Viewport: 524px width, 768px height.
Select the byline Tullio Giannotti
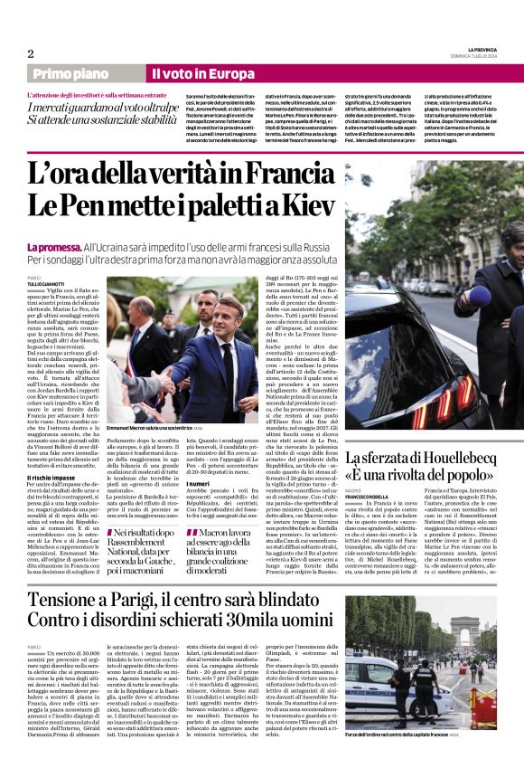coord(46,284)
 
